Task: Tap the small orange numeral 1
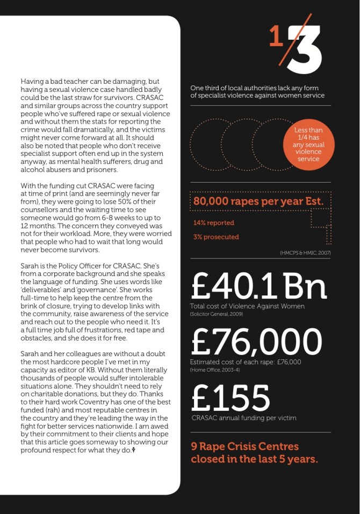click(x=276, y=39)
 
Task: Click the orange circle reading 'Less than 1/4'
click(x=308, y=144)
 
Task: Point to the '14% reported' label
click(x=213, y=222)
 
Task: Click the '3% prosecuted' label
click(x=216, y=237)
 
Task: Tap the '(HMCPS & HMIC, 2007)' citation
click(x=305, y=252)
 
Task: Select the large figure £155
click(x=231, y=398)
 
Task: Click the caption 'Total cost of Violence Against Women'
click(x=247, y=306)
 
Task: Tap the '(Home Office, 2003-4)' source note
click(x=212, y=370)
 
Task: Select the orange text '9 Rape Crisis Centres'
click(x=244, y=446)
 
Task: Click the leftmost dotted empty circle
click(x=212, y=144)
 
